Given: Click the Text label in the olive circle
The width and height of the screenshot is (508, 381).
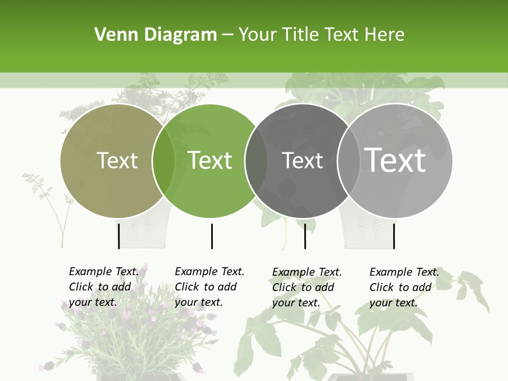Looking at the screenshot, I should coord(117,160).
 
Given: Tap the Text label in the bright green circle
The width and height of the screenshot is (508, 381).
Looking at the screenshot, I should coord(210,160).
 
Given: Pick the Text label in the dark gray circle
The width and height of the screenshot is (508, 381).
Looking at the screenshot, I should coord(302,160).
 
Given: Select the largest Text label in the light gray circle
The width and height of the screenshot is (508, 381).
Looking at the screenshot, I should coord(395,160).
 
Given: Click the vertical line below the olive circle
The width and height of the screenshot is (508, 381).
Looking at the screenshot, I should coord(119,236).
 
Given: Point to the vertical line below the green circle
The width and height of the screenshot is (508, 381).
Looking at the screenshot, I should coord(212,236).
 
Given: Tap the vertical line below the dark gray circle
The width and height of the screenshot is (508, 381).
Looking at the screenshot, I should coord(305,236).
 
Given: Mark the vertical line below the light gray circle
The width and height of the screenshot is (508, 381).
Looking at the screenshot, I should coord(394,236).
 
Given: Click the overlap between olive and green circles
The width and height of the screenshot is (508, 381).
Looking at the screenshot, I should coord(164,160).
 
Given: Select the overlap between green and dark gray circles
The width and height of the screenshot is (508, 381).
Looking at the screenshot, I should coord(256,160).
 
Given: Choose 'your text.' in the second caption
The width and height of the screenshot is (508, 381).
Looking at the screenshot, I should coord(198,302).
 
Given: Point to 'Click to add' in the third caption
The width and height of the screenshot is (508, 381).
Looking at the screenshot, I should coord(303,287).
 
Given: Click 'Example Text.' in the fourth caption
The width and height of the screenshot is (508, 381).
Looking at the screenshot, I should coord(404,272).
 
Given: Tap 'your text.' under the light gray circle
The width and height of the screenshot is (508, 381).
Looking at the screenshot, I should coord(393,303).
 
